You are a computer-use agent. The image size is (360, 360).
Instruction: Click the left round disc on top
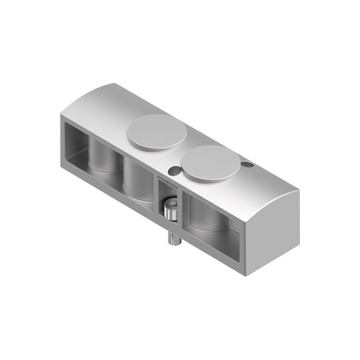coord(157,131)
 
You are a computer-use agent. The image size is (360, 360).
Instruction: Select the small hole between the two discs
coord(173,171)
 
